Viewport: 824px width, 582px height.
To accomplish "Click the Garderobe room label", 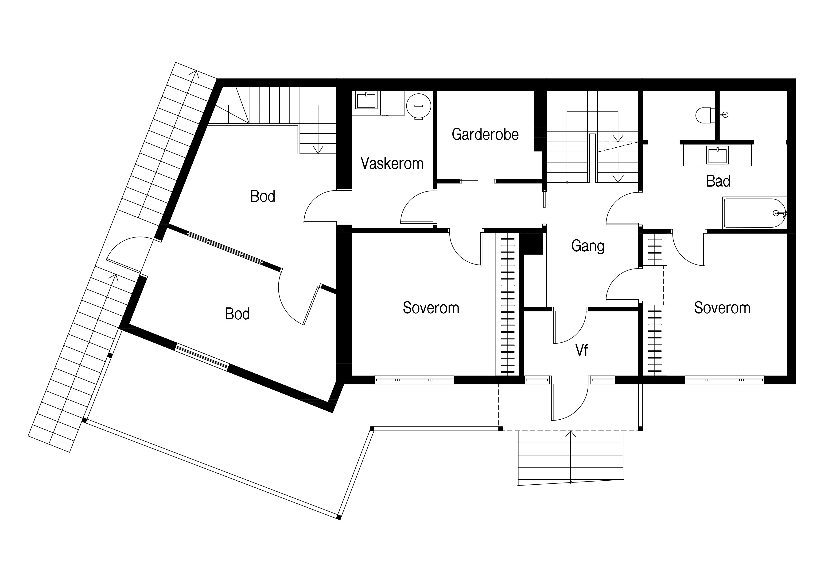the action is pos(485,134).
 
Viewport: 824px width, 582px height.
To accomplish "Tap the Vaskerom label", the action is pos(392,164).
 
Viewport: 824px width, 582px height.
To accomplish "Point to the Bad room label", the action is pos(718,181).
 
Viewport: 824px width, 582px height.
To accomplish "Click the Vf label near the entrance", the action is pos(582,350).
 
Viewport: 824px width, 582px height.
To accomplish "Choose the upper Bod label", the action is pos(263,196).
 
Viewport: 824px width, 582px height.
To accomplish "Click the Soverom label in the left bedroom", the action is pos(431,308).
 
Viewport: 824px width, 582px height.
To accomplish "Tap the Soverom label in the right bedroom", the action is pos(722,308).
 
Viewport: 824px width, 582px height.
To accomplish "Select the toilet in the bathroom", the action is pos(704,115).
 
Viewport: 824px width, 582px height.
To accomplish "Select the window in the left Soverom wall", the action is pos(414,380).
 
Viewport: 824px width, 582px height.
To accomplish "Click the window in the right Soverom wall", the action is pos(725,380).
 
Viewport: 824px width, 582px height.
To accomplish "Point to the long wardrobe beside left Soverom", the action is pos(507,304).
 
